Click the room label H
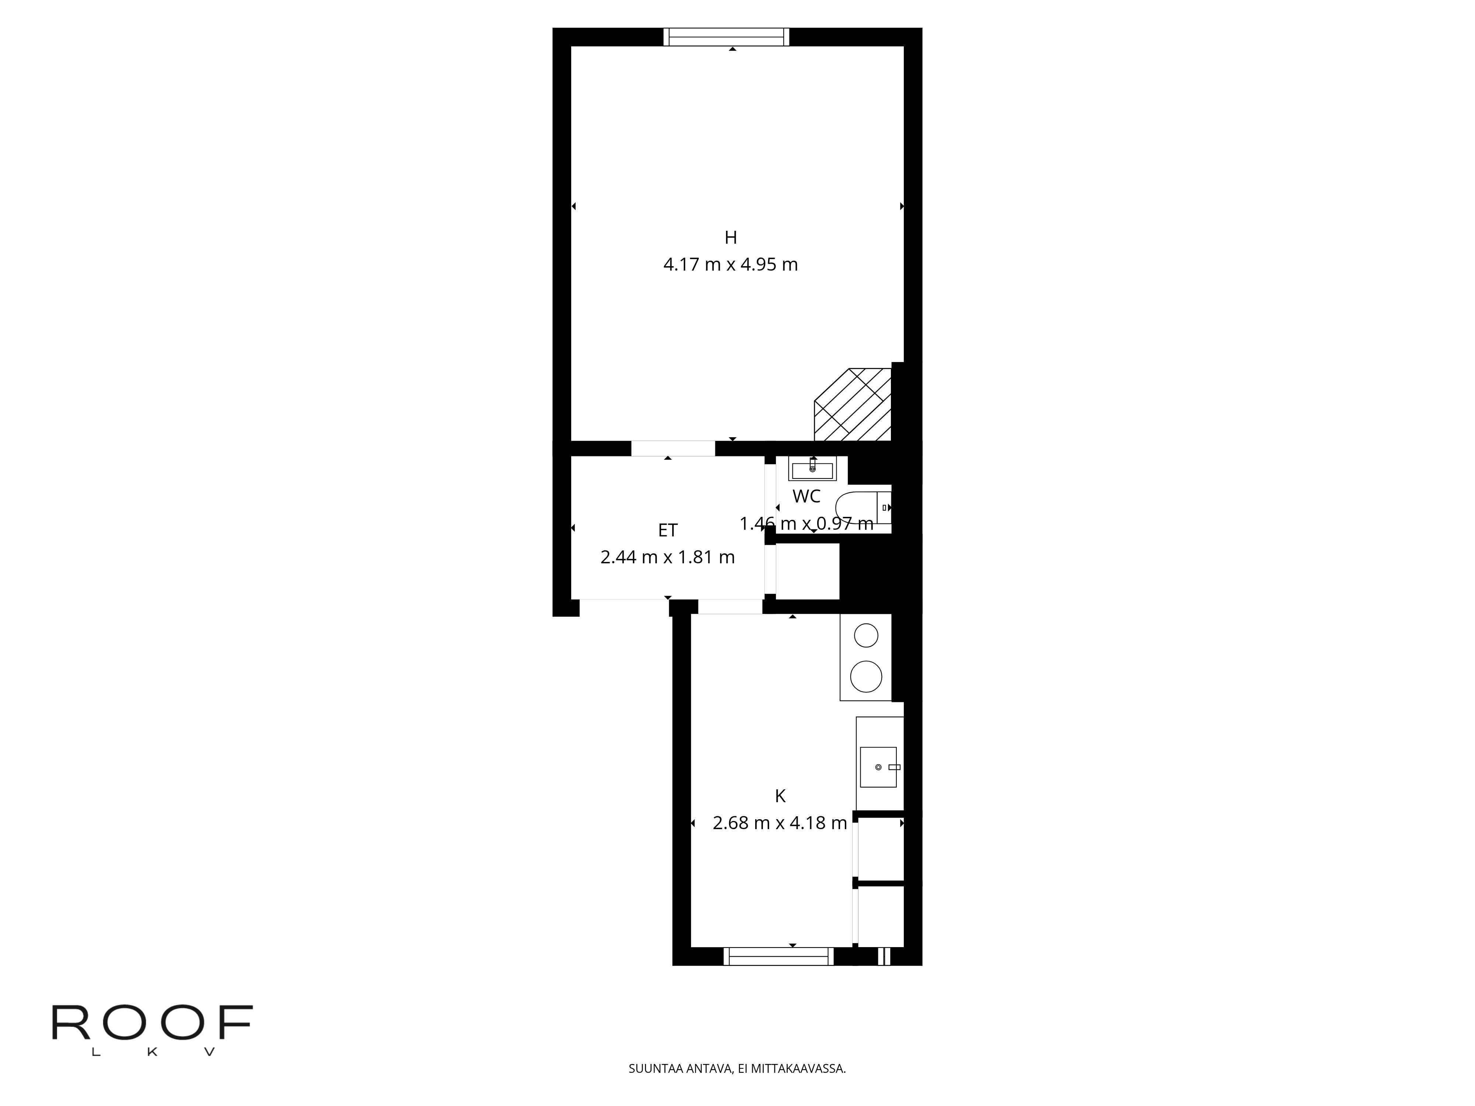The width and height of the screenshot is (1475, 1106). (731, 237)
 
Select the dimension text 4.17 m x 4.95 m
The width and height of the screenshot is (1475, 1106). (731, 265)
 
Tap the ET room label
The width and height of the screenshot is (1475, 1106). (667, 530)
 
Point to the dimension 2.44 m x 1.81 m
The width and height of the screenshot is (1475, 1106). (667, 557)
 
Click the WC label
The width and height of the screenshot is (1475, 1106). (806, 496)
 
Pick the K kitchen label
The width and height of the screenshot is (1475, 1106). (780, 796)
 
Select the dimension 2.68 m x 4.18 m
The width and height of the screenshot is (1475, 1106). (780, 822)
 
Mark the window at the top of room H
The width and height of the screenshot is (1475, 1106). (726, 37)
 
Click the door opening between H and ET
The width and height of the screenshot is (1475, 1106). (673, 449)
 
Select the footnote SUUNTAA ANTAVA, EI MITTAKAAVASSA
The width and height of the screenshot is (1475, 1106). (737, 1087)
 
